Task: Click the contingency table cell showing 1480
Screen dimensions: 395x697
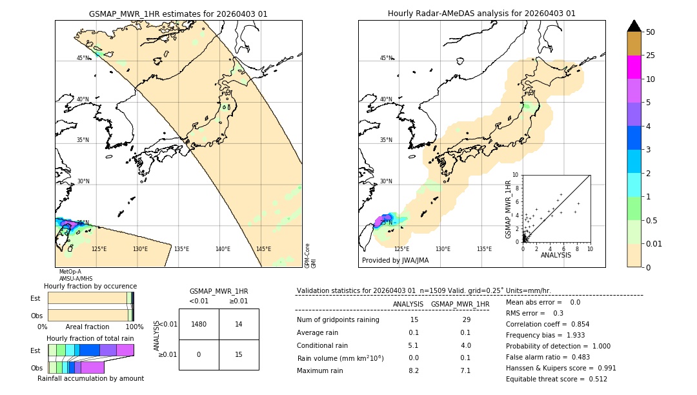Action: coord(199,324)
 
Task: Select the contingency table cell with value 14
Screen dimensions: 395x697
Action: coord(239,324)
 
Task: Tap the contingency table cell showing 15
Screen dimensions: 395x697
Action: coord(239,354)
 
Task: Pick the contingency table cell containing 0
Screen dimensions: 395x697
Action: coord(199,354)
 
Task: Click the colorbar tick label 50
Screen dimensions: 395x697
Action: coord(651,32)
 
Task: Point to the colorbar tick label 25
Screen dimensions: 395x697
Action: coord(651,56)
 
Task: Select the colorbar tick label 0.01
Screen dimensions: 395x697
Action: coord(654,243)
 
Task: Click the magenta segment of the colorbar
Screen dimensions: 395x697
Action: coord(634,67)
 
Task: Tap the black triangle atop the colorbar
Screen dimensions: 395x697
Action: coord(634,26)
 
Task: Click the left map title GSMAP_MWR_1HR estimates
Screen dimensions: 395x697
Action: coord(178,14)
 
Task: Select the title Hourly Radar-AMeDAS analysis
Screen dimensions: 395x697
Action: coord(481,14)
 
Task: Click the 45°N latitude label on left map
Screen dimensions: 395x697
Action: coord(83,58)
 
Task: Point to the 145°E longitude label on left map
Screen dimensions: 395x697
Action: coord(263,249)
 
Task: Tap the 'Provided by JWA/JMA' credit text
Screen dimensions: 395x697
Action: coord(395,260)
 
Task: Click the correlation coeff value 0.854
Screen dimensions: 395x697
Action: coord(575,324)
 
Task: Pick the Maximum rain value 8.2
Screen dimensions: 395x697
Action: coord(414,370)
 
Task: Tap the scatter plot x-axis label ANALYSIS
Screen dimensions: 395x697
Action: coord(556,256)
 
